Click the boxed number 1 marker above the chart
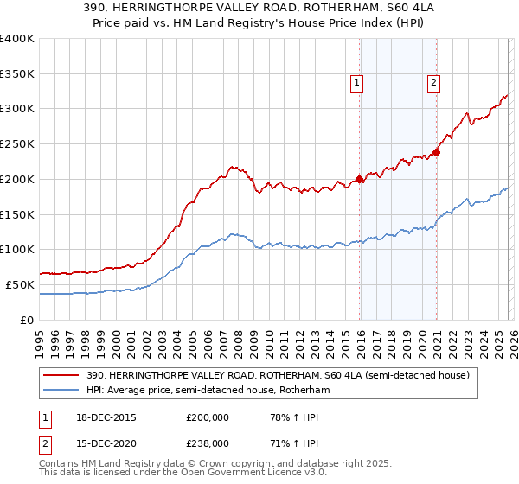pos(356,83)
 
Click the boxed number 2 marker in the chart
pos(432,83)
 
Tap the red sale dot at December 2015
pos(360,181)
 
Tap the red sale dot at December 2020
pos(437,153)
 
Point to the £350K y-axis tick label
pos(17,74)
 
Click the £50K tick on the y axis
pos(21,284)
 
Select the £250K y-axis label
pos(17,144)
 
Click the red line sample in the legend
pos(62,376)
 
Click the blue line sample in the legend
pos(62,391)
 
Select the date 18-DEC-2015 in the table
pos(102,417)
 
